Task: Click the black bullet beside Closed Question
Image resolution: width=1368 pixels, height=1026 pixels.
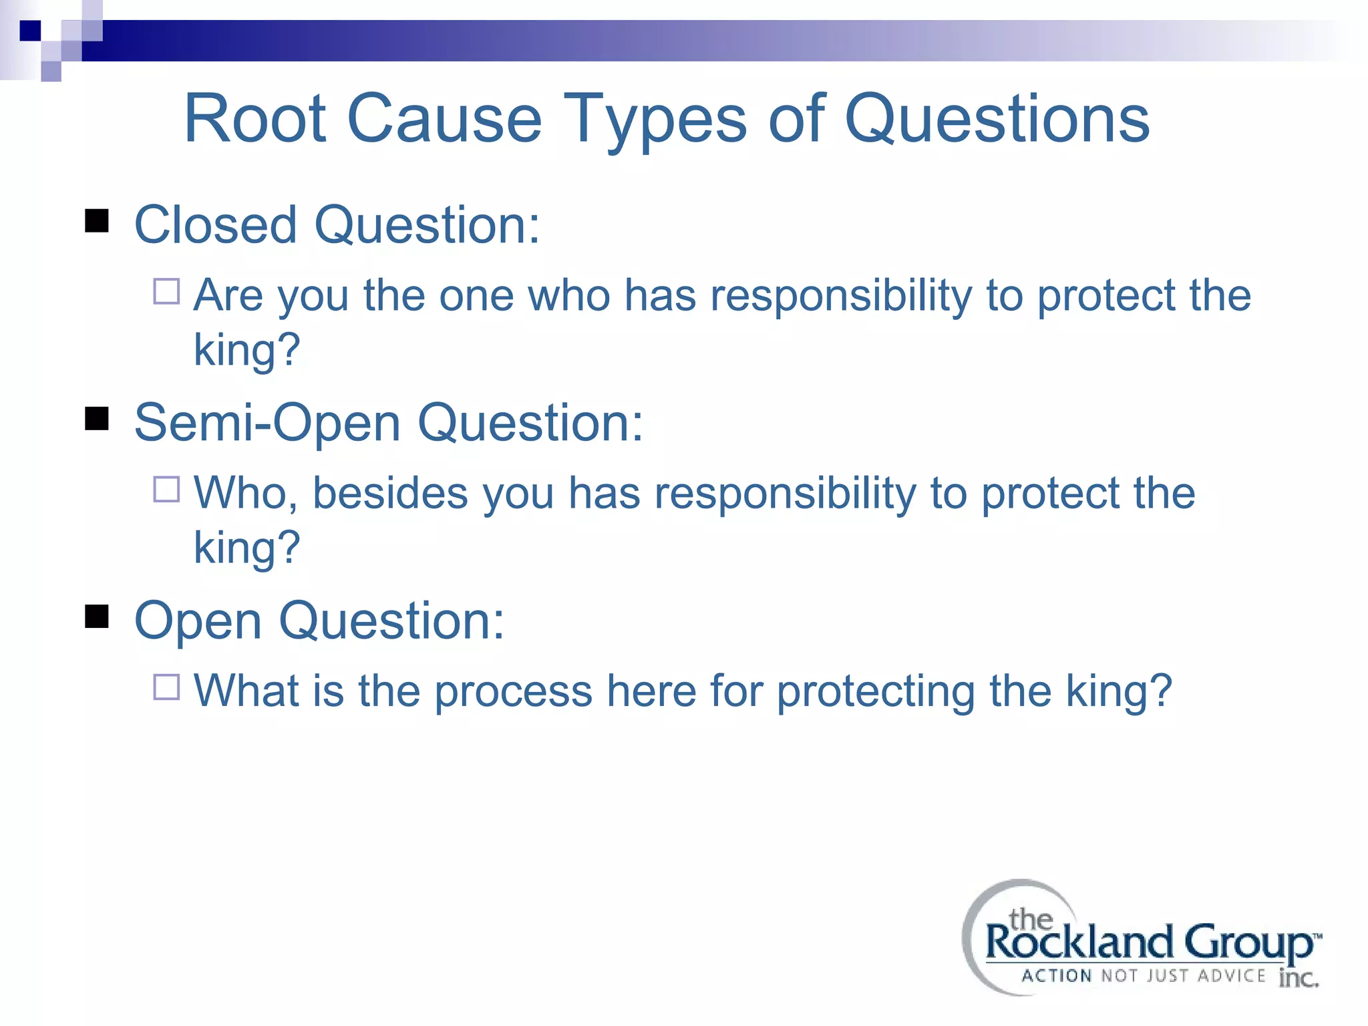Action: point(97,221)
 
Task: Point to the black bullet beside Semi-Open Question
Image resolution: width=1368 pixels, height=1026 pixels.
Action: point(97,419)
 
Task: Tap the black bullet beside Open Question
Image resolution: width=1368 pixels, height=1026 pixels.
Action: point(97,617)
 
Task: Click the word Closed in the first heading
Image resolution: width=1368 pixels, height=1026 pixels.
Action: point(215,225)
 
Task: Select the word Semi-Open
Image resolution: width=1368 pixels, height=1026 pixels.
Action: point(267,424)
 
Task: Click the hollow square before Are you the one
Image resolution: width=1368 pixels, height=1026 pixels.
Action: point(166,292)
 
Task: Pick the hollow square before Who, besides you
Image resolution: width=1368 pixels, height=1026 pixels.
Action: point(166,489)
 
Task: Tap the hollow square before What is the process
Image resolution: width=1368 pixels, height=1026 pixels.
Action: point(166,687)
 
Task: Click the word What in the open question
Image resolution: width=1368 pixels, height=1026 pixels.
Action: point(246,691)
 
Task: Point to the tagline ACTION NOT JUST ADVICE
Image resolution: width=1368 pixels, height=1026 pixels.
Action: point(1143,976)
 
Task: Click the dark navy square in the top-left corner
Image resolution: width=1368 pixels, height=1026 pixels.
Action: point(30,31)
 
